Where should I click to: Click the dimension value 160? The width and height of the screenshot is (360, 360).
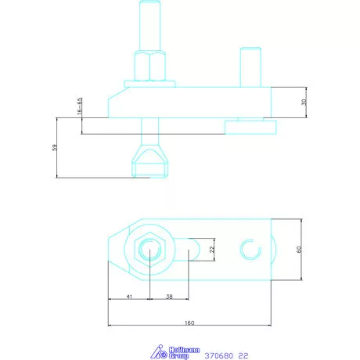189,322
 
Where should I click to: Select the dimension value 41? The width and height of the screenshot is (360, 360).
129,297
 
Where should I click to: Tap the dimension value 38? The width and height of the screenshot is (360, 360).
169,297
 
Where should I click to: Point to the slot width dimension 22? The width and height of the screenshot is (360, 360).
212,250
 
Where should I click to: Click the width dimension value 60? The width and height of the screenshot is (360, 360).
299,250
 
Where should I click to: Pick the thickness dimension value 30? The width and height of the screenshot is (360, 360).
304,102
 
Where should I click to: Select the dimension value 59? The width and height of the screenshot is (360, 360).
54,148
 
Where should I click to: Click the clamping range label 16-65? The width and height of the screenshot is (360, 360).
80,106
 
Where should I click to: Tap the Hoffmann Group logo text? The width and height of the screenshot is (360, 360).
184,353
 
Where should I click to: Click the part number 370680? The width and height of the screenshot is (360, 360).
218,355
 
